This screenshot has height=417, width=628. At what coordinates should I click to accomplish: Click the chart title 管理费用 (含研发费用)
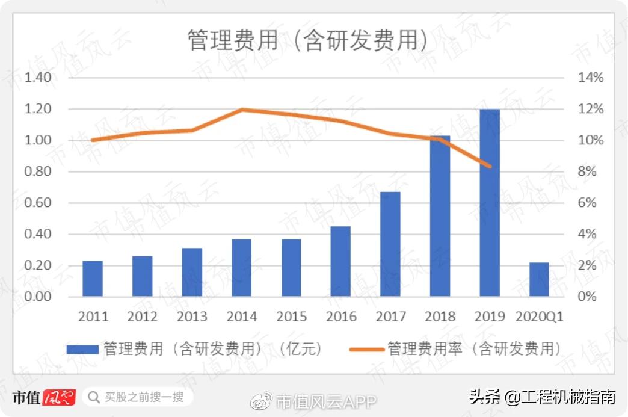(307, 41)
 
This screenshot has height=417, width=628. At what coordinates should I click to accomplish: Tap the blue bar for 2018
(440, 216)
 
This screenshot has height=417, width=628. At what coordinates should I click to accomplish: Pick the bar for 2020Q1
(539, 280)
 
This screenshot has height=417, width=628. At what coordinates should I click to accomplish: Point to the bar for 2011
(93, 279)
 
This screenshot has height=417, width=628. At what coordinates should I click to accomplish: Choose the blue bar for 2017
(390, 244)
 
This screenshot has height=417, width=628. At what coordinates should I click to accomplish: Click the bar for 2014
(242, 268)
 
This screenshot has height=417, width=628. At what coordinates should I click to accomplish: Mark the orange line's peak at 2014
(242, 110)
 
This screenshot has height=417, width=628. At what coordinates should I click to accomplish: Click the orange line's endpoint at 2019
(490, 167)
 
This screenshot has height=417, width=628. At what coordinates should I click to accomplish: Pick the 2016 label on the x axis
(341, 317)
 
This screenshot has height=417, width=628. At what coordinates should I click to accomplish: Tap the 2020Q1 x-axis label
(540, 317)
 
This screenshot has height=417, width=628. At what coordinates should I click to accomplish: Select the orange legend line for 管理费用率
(366, 349)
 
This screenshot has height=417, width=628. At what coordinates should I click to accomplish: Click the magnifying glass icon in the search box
(94, 397)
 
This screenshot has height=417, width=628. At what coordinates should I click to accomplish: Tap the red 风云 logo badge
(59, 398)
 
